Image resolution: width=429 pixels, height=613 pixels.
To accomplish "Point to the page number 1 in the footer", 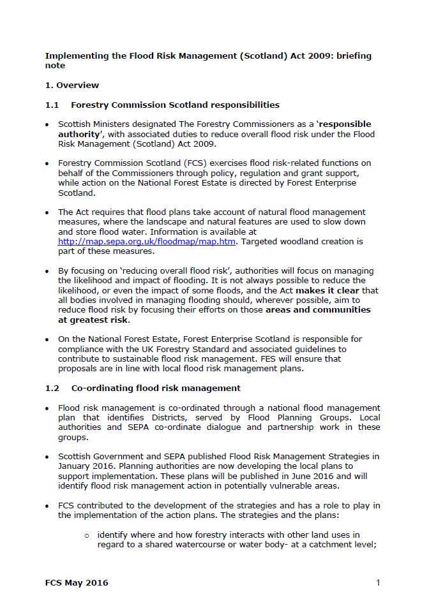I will tap(378, 582).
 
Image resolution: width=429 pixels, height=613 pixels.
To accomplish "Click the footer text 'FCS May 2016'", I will tap(77, 582).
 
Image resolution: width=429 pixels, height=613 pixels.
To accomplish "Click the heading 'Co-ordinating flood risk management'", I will tap(156, 387).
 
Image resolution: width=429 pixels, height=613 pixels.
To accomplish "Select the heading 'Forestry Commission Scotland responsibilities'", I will tap(175, 105).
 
